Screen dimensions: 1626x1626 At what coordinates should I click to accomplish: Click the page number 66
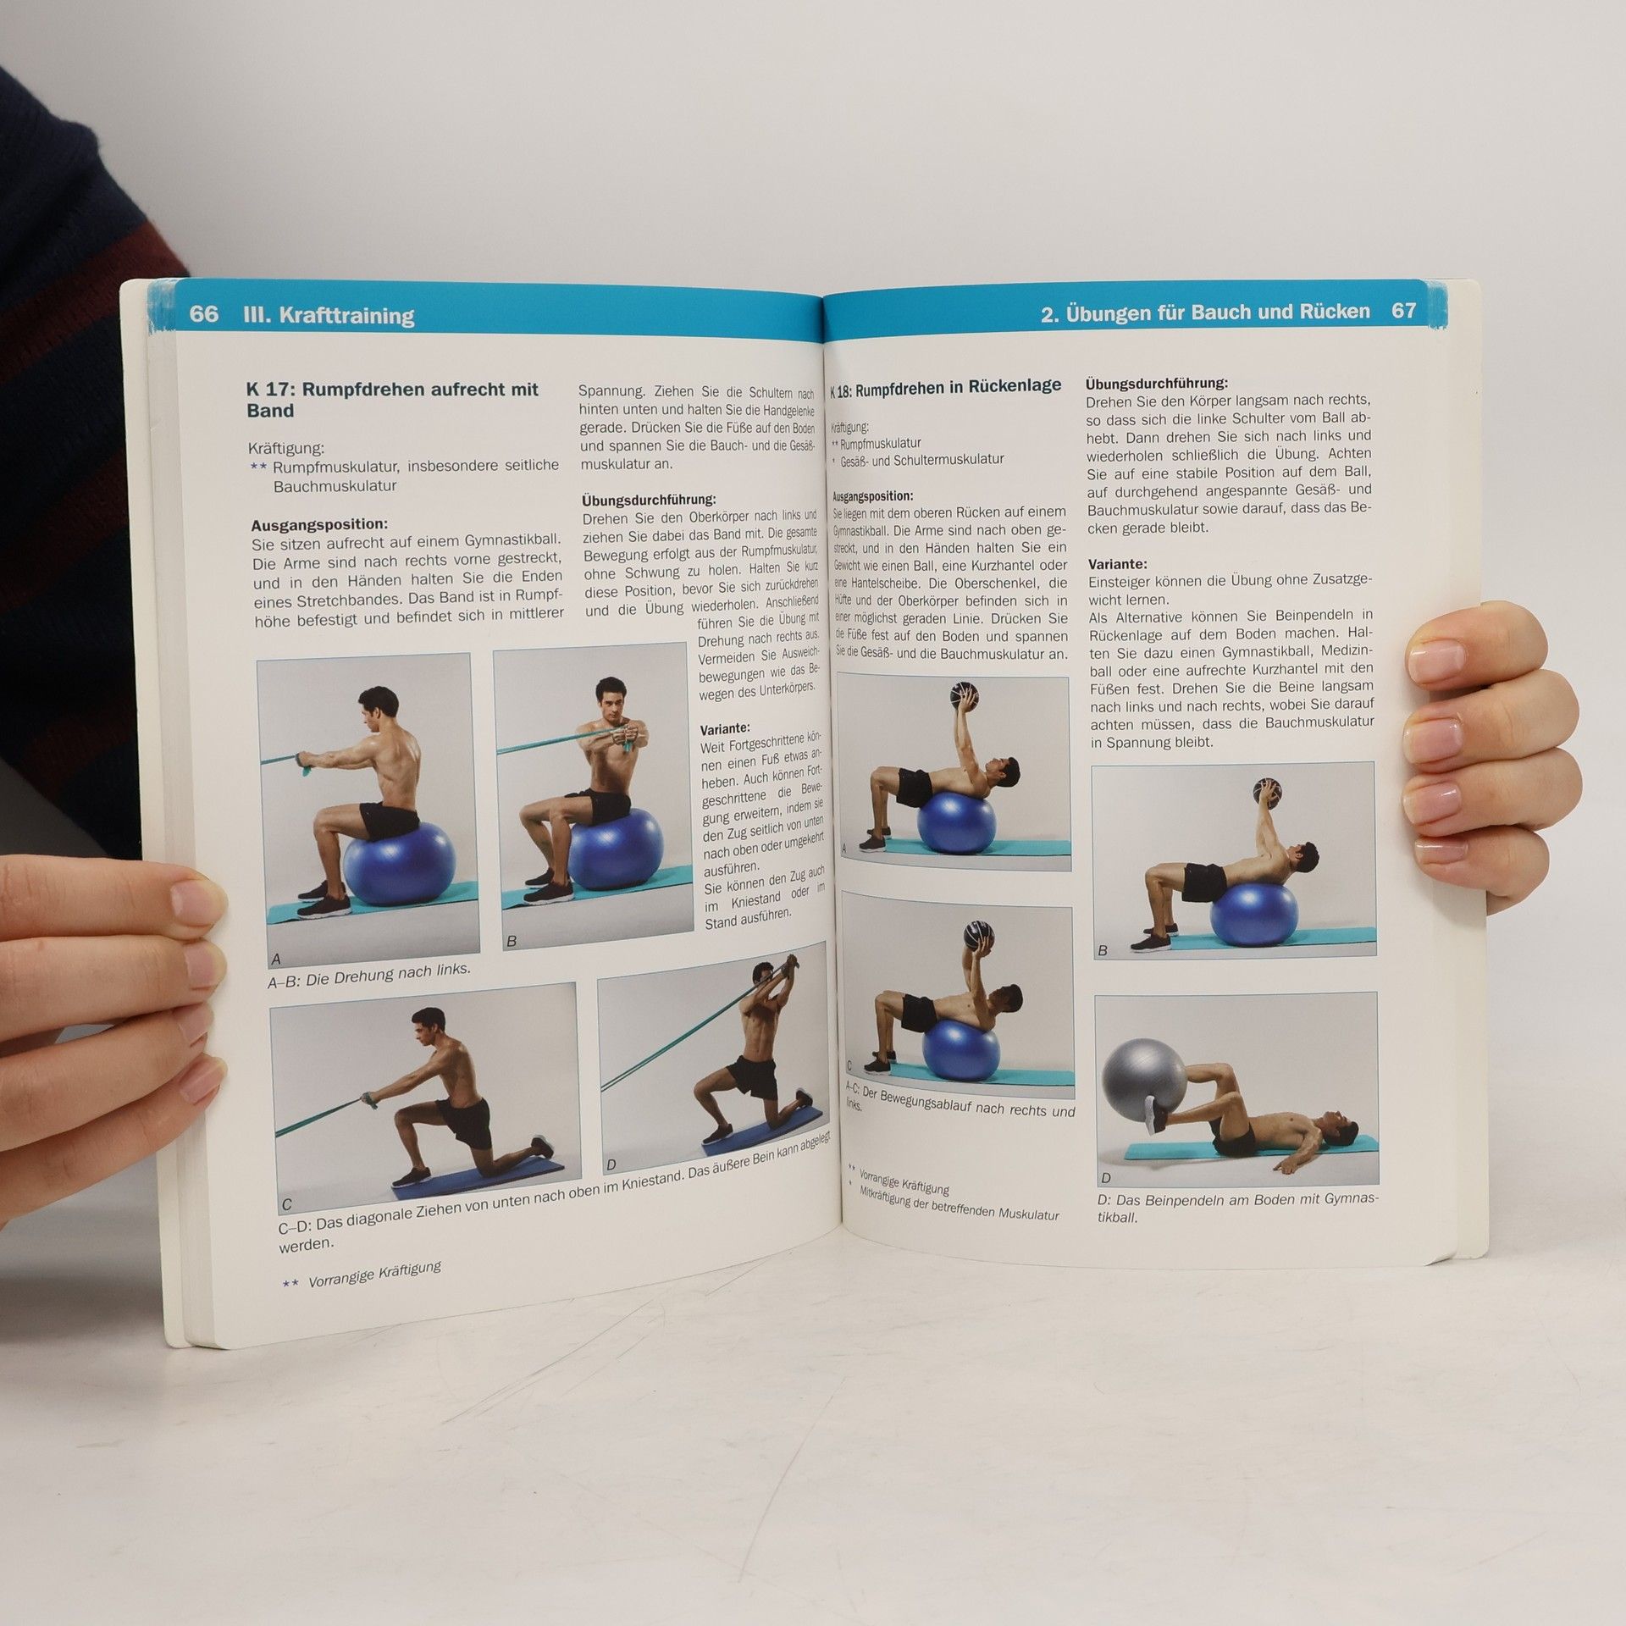[203, 313]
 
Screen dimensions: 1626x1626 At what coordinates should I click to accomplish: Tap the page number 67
[1403, 311]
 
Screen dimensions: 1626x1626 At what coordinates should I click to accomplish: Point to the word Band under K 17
[270, 411]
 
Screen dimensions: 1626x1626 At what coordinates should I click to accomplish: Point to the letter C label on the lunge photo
[286, 1204]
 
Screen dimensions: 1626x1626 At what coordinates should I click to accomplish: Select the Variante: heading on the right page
[1118, 563]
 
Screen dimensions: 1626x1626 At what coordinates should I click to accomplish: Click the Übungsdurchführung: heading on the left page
[649, 500]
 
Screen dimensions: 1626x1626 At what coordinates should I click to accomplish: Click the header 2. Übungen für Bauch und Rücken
[1205, 312]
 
